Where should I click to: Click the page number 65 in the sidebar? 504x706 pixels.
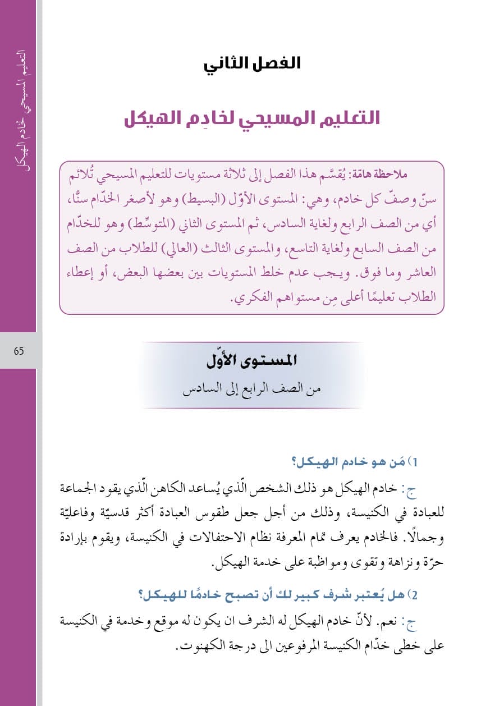coord(19,351)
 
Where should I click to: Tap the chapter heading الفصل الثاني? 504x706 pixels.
coord(252,63)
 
